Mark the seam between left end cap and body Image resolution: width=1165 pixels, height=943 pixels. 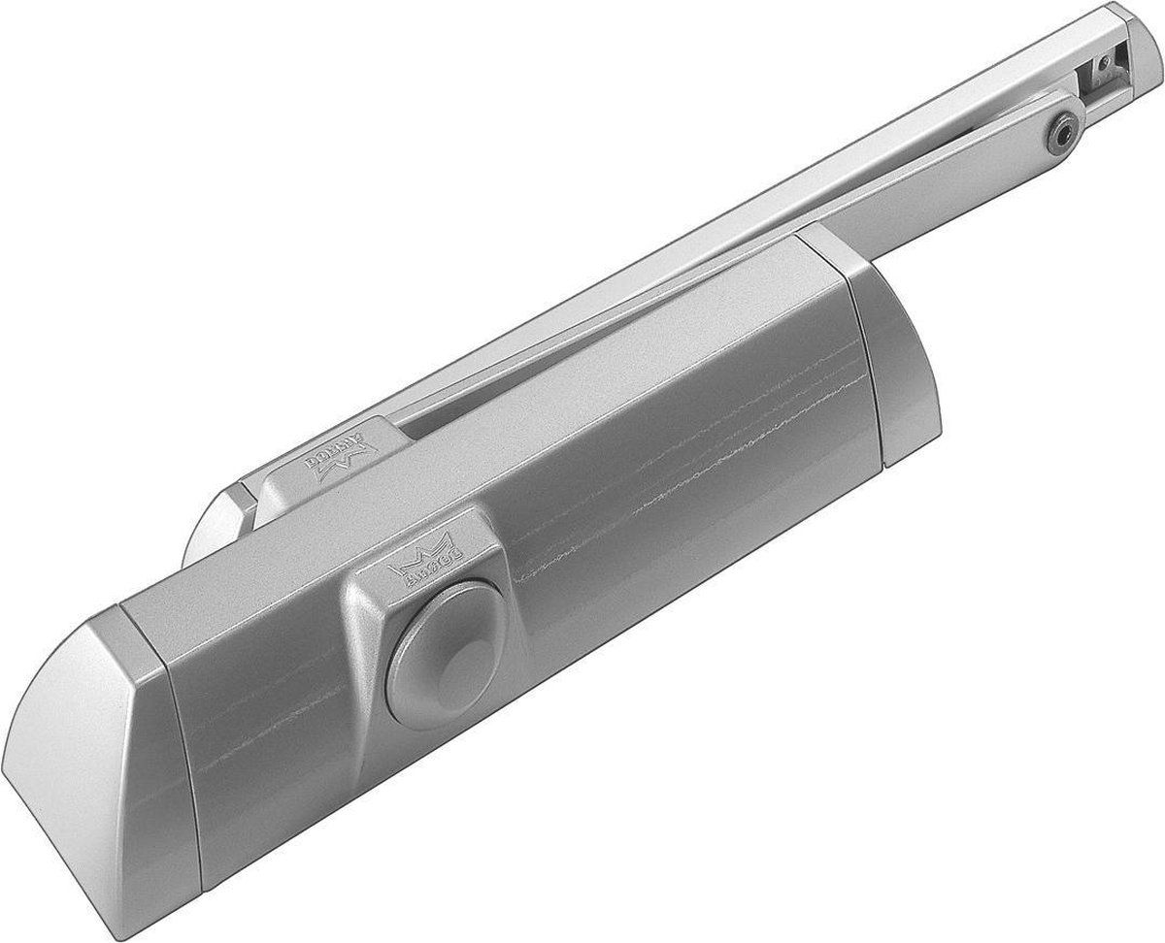click(160, 737)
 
